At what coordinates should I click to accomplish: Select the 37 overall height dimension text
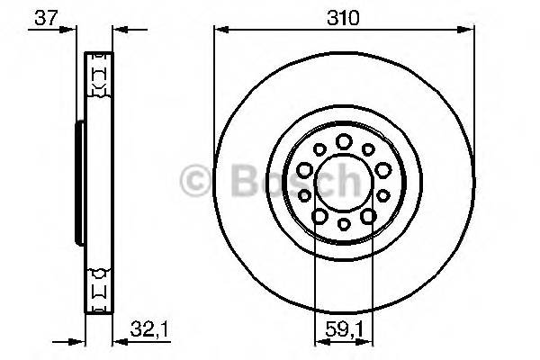[x=40, y=16]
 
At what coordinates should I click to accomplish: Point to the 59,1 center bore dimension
[x=344, y=328]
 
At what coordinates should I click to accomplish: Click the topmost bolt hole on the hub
[x=344, y=140]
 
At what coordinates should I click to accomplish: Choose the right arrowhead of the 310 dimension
[x=467, y=30]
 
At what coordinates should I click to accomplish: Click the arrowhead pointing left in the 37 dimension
[x=117, y=30]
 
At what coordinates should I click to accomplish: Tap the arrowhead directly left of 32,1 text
[x=118, y=341]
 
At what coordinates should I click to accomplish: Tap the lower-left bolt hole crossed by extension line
[x=319, y=216]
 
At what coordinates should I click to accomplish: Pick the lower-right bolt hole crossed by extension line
[x=368, y=216]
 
